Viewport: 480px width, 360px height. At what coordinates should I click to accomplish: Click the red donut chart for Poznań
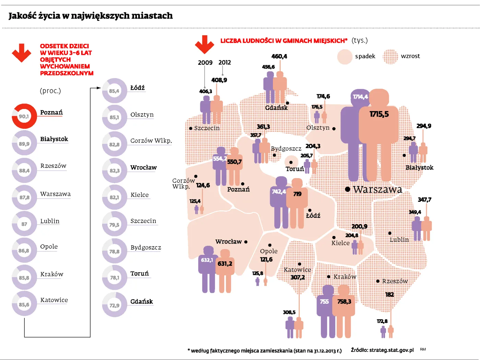click(x=24, y=116)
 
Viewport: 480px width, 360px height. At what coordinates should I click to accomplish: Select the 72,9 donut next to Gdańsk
click(x=115, y=305)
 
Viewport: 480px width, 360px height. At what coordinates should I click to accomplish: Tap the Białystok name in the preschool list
click(x=54, y=139)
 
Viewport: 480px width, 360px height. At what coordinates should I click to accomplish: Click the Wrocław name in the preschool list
click(x=143, y=167)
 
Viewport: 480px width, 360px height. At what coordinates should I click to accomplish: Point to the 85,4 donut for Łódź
click(x=115, y=91)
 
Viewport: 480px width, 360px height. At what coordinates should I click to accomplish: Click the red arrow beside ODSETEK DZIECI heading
click(x=22, y=53)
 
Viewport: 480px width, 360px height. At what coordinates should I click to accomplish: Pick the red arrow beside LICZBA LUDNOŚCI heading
click(x=205, y=45)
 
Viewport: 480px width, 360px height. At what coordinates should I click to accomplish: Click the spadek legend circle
click(x=345, y=57)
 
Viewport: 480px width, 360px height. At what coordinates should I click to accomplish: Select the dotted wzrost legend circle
click(x=390, y=57)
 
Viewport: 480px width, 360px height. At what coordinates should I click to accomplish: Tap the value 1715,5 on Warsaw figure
click(x=379, y=114)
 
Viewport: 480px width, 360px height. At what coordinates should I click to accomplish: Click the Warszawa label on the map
click(x=377, y=189)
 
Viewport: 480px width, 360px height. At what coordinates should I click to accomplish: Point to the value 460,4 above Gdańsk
click(x=279, y=57)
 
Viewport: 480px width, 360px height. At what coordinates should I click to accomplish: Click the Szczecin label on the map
click(x=207, y=128)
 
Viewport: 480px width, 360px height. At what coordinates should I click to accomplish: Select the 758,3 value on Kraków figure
click(x=344, y=301)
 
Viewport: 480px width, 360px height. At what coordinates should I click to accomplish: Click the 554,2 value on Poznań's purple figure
click(x=219, y=159)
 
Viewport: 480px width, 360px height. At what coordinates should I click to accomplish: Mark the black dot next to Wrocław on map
click(x=246, y=242)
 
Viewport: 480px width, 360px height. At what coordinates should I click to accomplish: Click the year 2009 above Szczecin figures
click(x=205, y=63)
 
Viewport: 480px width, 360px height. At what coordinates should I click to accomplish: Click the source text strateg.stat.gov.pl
click(x=392, y=350)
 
